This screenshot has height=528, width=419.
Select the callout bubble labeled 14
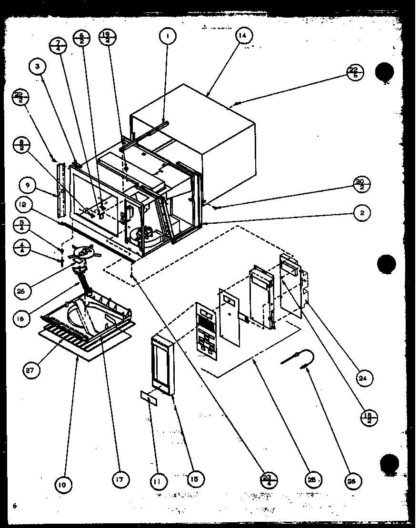(x=243, y=36)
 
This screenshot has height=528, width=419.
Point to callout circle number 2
(x=362, y=213)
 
